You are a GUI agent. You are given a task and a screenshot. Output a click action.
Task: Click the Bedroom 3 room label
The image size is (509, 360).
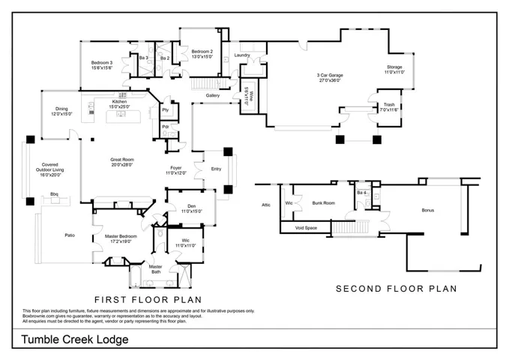[102, 63]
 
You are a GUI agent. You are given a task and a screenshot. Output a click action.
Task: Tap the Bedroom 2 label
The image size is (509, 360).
[202, 52]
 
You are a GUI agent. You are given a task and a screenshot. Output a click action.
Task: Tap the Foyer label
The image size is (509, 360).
[175, 168]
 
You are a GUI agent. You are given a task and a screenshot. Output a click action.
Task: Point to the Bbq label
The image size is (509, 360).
[54, 194]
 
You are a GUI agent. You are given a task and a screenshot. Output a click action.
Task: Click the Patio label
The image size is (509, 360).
[69, 235]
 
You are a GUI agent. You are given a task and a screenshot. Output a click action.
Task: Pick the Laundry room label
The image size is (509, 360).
[241, 55]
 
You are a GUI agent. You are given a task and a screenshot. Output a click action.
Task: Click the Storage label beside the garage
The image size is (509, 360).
[394, 67]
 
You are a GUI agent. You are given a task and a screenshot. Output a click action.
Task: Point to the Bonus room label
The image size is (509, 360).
[427, 210]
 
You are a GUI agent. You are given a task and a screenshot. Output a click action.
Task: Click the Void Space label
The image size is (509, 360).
[307, 227]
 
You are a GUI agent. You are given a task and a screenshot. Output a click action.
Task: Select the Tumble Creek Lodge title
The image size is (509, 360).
[74, 339]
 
